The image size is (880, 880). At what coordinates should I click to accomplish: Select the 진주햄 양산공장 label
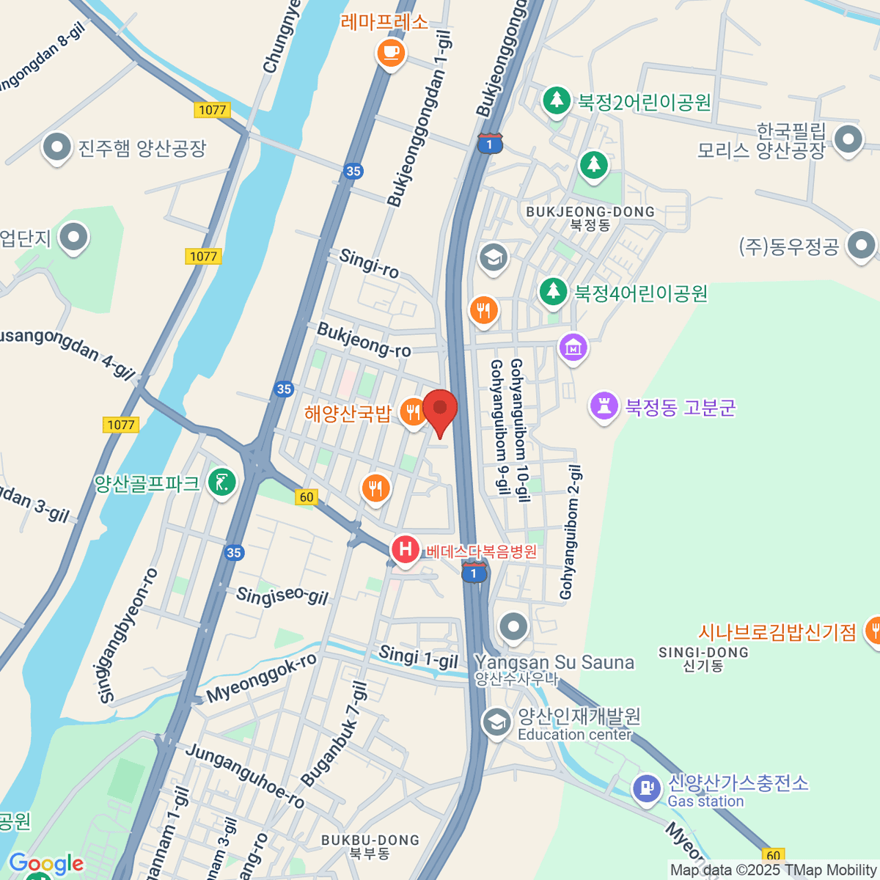142,149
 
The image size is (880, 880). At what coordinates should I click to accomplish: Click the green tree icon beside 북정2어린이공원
557,100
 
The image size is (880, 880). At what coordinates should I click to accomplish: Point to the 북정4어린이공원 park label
640,294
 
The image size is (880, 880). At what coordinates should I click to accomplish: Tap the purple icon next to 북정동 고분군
604,406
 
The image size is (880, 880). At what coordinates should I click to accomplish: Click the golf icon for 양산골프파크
222,482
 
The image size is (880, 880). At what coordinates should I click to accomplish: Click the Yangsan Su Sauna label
554,663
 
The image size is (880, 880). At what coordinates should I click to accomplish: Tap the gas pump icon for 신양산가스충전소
646,789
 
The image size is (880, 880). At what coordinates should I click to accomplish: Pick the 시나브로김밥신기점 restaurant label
777,632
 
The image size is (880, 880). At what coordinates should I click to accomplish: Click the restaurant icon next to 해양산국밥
414,414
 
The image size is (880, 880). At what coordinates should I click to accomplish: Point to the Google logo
46,864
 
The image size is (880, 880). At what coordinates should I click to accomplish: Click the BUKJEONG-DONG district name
590,212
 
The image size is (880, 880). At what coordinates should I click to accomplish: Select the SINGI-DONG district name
703,653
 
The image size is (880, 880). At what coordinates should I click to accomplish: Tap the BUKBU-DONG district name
370,840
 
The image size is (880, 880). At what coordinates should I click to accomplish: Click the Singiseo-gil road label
282,595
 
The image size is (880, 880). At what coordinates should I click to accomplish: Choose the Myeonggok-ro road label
262,678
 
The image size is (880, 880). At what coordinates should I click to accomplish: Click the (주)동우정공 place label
788,246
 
